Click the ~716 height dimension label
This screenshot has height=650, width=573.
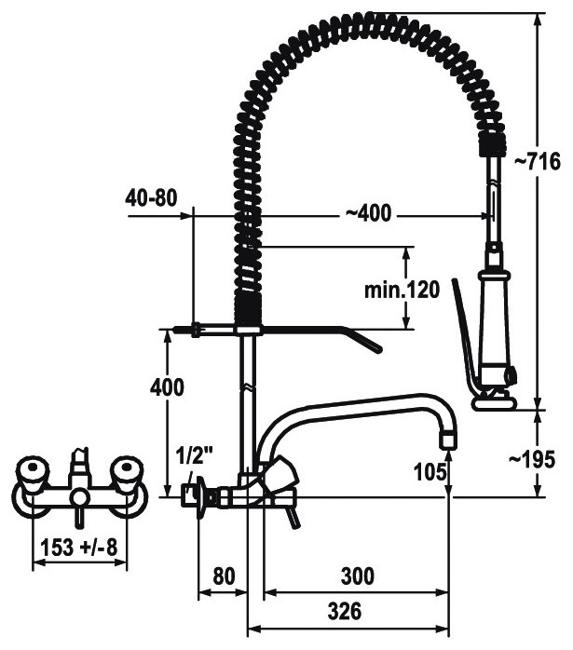click(x=538, y=161)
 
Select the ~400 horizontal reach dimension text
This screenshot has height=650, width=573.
click(x=368, y=213)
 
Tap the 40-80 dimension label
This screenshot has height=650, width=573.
click(x=151, y=197)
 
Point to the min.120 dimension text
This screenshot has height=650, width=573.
click(x=402, y=290)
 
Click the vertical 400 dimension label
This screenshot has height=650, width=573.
click(x=167, y=387)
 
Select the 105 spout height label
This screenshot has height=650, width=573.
click(x=430, y=471)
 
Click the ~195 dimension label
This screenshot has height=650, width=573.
click(x=531, y=460)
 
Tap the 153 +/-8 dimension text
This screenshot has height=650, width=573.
click(x=79, y=548)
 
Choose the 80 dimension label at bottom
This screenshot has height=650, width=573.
click(x=224, y=576)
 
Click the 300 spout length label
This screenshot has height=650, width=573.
click(x=358, y=576)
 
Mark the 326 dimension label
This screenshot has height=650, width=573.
click(x=345, y=611)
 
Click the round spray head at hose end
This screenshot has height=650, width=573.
click(x=495, y=402)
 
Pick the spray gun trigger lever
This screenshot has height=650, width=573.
click(x=465, y=336)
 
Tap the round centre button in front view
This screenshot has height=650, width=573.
click(x=79, y=498)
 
